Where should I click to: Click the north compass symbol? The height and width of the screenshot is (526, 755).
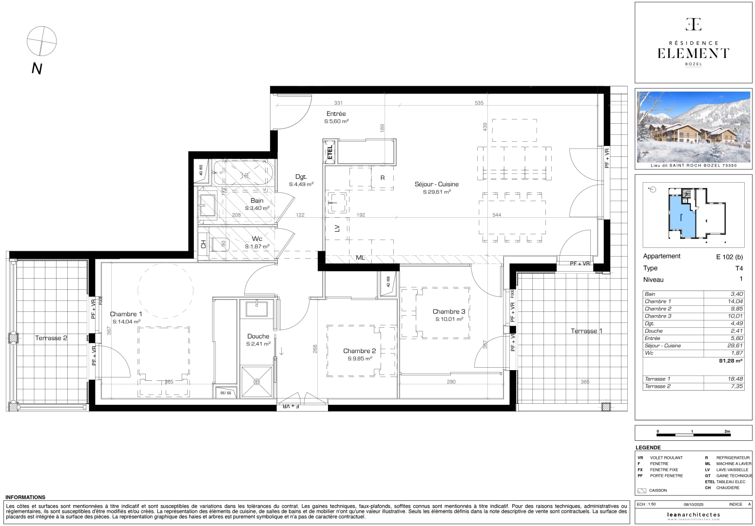[41, 40]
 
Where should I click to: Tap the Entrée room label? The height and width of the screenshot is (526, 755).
[336, 114]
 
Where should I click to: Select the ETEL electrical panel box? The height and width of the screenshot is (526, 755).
[330, 152]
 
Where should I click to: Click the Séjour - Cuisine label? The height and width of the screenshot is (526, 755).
[436, 184]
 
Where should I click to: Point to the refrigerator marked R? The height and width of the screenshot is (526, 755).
[383, 178]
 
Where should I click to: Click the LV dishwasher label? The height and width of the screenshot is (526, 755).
[337, 228]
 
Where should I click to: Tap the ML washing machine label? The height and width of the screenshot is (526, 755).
[360, 258]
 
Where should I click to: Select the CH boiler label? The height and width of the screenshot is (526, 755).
[203, 244]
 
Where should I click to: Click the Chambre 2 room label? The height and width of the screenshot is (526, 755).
[359, 351]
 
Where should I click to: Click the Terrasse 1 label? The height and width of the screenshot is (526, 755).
[586, 331]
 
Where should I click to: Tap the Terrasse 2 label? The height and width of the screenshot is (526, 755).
[51, 338]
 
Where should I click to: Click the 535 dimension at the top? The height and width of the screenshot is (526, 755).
[479, 103]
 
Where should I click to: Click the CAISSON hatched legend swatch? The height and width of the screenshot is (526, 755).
[642, 490]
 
